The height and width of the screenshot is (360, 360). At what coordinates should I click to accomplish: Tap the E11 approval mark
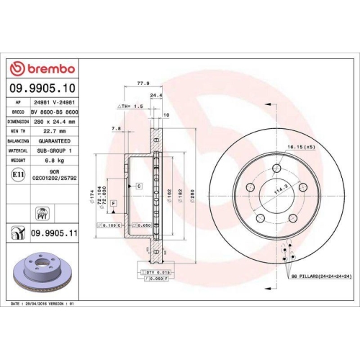point(17,174)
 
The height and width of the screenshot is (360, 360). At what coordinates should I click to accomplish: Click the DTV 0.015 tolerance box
point(156,272)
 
